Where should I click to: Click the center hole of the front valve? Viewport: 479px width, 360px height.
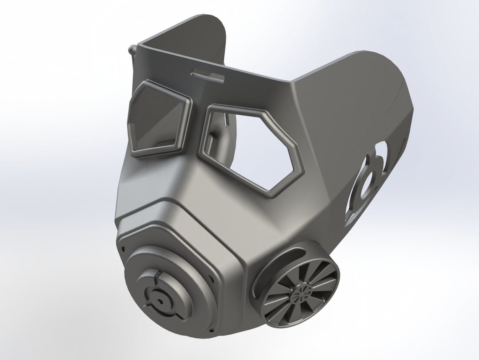[x=160, y=301]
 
